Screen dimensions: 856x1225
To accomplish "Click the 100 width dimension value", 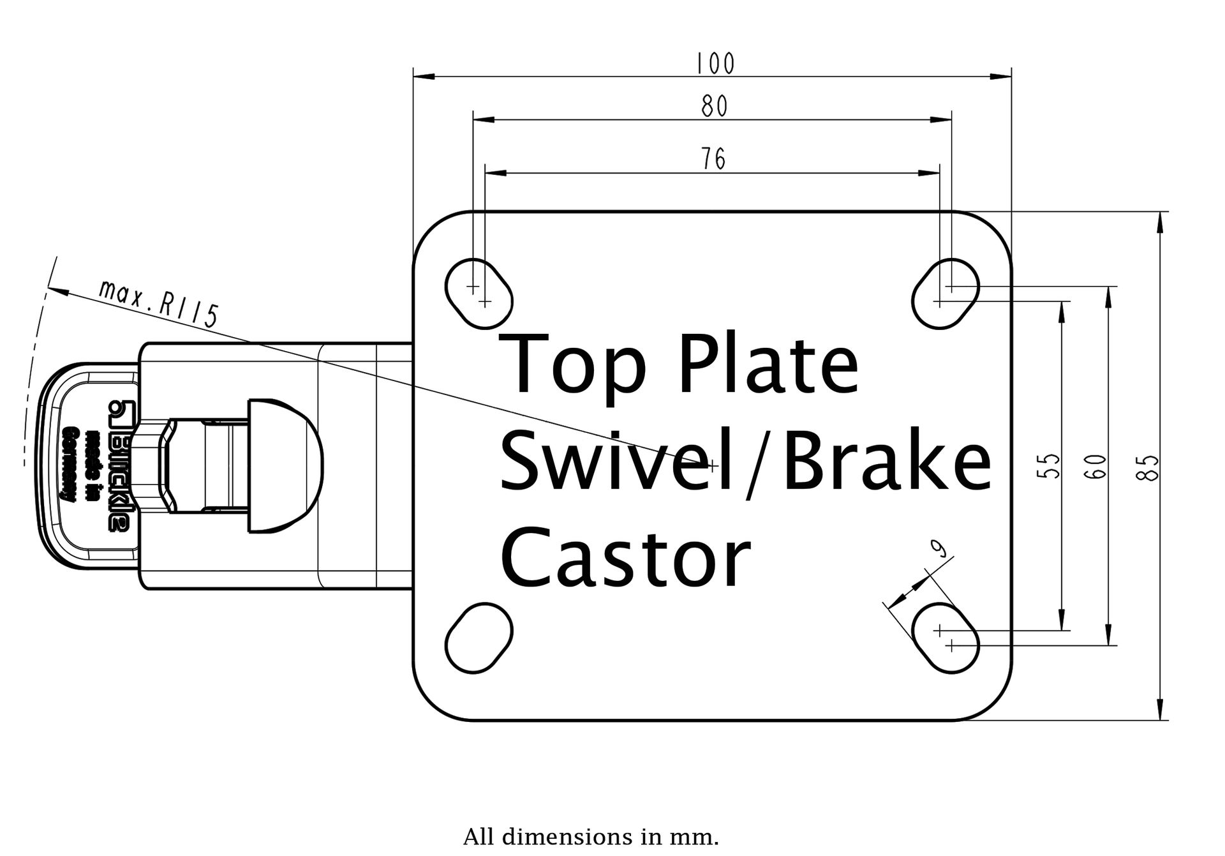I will (715, 63).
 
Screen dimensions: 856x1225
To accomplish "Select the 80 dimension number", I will (714, 107).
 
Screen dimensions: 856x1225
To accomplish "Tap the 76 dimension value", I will (713, 159).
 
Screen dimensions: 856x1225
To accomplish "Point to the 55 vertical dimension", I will (1048, 465).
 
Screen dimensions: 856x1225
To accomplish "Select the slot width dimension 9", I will (938, 548).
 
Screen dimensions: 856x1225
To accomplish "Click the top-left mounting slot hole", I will (479, 294).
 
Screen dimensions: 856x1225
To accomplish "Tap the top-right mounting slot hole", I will (946, 294).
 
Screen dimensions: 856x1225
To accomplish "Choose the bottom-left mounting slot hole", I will (479, 638).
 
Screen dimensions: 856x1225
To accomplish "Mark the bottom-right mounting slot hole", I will (946, 638).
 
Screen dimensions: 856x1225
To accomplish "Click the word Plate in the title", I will (769, 364).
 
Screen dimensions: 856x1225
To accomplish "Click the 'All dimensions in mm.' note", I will (591, 836).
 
